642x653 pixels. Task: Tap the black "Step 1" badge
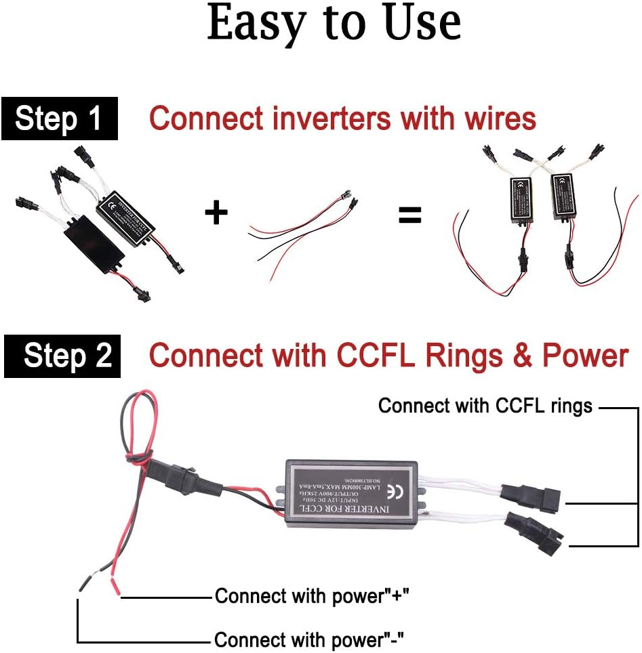point(58,119)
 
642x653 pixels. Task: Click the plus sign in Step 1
point(216,213)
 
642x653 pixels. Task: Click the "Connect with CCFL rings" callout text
point(485,406)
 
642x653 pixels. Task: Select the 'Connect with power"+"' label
point(312,596)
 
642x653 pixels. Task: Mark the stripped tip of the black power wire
point(83,582)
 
